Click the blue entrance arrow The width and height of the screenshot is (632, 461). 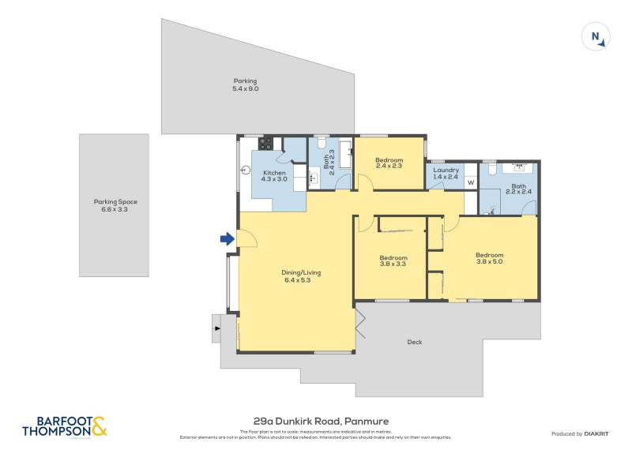tap(227, 238)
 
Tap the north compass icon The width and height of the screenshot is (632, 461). tap(595, 37)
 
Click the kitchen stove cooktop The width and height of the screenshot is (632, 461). tap(266, 144)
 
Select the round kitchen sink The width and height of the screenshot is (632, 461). tap(246, 169)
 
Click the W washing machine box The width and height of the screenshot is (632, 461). tap(471, 183)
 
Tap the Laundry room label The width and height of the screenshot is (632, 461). tap(446, 173)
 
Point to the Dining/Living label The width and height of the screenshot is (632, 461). tap(301, 276)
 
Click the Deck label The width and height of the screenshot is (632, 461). tap(415, 342)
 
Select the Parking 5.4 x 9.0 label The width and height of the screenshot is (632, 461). tap(245, 84)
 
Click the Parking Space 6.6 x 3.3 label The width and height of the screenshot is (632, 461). tap(114, 205)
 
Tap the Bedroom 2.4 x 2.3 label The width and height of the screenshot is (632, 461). tap(389, 163)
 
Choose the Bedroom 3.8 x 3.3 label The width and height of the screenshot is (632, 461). tap(393, 261)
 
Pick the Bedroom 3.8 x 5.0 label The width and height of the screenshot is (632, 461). tap(489, 258)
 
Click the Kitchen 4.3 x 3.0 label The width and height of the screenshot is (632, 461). tap(274, 176)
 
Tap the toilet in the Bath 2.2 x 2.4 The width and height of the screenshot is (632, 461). tap(491, 169)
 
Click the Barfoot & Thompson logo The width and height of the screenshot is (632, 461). tap(65, 426)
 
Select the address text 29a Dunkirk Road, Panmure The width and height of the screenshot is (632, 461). tap(316, 422)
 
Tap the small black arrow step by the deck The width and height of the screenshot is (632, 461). tap(216, 327)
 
